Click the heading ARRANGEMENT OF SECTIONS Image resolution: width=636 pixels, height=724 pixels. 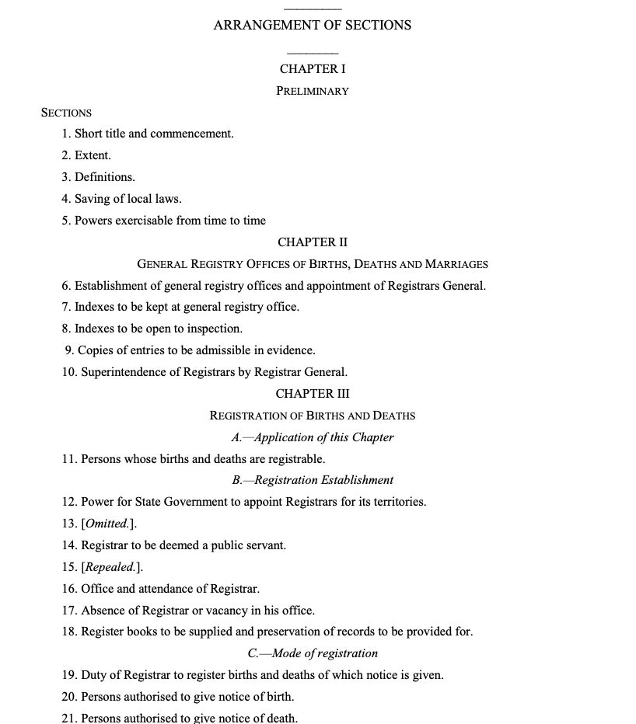click(312, 25)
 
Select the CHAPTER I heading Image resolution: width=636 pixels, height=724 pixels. click(313, 69)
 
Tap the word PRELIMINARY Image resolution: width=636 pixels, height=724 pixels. click(313, 91)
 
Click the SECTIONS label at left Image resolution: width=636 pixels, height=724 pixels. click(66, 113)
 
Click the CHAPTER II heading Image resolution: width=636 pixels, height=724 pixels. click(313, 242)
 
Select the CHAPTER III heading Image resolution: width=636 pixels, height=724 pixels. click(313, 394)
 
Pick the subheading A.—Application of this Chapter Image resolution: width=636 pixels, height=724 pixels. click(313, 437)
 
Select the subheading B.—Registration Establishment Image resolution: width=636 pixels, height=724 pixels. click(313, 480)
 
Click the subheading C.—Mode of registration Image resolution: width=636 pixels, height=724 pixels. click(313, 653)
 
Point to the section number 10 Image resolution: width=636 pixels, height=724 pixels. click(69, 372)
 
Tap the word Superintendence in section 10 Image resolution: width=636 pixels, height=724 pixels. click(121, 372)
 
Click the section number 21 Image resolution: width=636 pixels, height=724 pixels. click(69, 719)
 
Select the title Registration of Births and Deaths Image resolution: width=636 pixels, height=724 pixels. click(313, 416)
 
